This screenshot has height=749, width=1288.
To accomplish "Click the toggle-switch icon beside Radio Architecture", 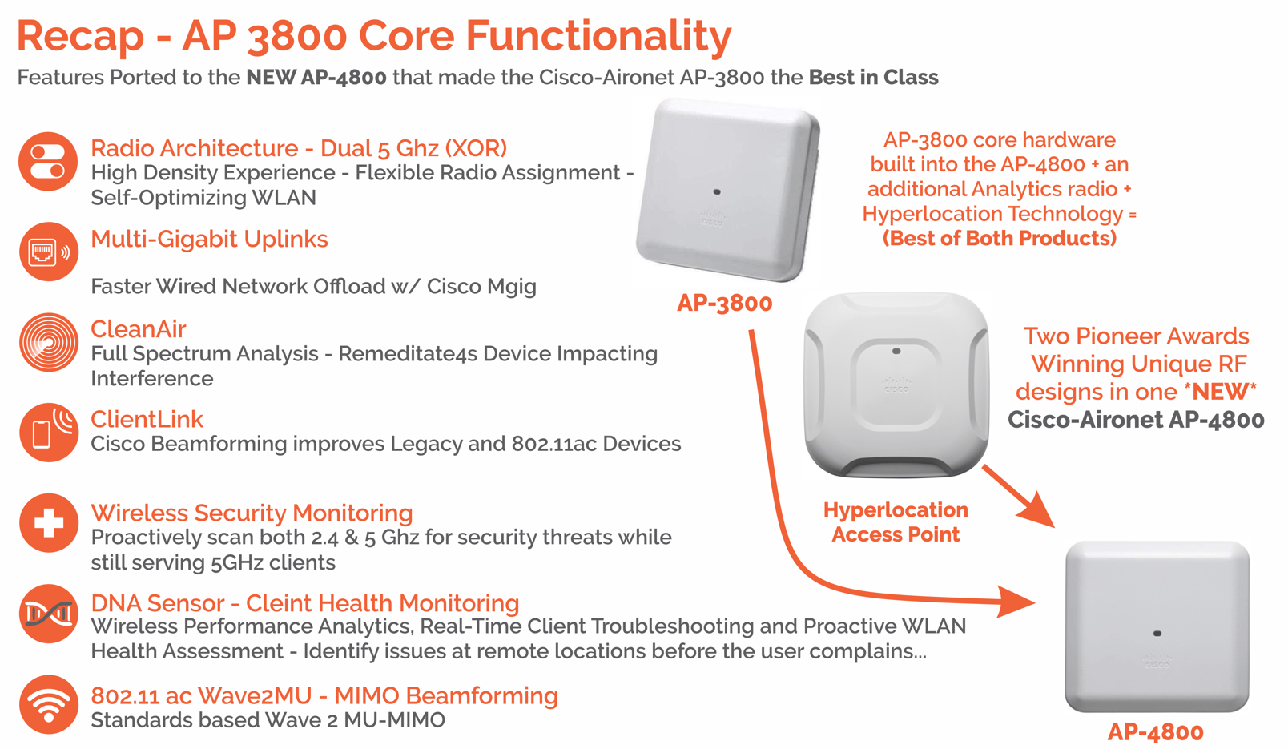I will point(48,161).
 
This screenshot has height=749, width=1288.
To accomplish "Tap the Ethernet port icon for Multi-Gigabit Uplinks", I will point(48,252).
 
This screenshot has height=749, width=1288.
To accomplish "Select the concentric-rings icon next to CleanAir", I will point(48,343).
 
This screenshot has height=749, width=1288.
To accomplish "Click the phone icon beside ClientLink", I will point(48,433).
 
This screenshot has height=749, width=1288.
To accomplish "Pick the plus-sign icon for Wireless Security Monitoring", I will point(48,523).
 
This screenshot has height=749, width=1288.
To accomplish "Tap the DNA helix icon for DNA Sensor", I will point(48,614).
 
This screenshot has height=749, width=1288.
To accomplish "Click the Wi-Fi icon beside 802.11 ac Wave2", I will point(48,704).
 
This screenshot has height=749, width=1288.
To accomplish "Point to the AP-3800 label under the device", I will point(724,303).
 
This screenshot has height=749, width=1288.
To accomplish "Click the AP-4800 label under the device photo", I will point(1155,731).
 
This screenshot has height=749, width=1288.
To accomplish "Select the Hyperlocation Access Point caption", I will point(896,522).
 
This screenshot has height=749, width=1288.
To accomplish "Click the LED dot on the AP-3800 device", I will point(717,192).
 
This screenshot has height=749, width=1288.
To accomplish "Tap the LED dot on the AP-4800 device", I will point(1157,634).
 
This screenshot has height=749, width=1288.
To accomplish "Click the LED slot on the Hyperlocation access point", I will point(896,351).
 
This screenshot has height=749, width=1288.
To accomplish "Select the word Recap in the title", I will point(80,36).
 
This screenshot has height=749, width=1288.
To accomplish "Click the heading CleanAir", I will point(138,329).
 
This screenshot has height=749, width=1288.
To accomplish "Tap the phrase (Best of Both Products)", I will point(999,239).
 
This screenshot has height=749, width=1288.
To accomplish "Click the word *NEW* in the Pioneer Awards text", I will point(1220,392).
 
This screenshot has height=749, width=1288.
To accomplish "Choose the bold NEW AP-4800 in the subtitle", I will point(316,78).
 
